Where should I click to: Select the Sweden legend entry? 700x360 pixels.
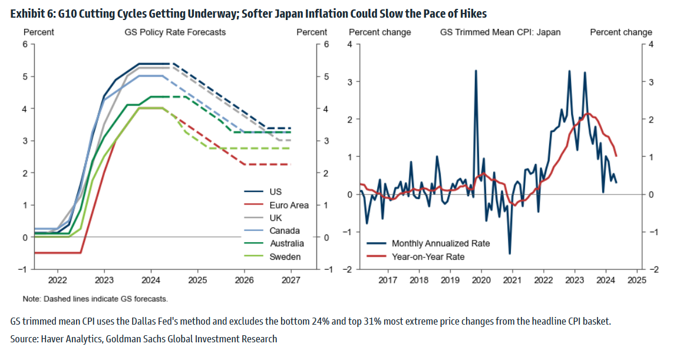pos(285,256)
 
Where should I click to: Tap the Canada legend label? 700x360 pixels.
pos(285,230)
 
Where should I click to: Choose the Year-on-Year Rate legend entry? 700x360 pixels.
pos(428,256)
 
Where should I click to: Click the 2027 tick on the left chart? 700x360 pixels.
pos(291,279)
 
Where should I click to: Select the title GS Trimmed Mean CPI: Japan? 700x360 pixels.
pos(500,32)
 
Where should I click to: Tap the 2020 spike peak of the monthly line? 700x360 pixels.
pos(476,71)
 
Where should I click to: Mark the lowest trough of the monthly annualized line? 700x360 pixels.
pos(510,253)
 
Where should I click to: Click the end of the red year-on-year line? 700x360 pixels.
pos(616,156)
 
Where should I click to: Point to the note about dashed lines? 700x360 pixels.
pos(95,298)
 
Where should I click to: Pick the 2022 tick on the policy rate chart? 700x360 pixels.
pos(57,279)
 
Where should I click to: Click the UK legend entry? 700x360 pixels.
pos(275,217)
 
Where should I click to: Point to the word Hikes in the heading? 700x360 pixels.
pos(474,14)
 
